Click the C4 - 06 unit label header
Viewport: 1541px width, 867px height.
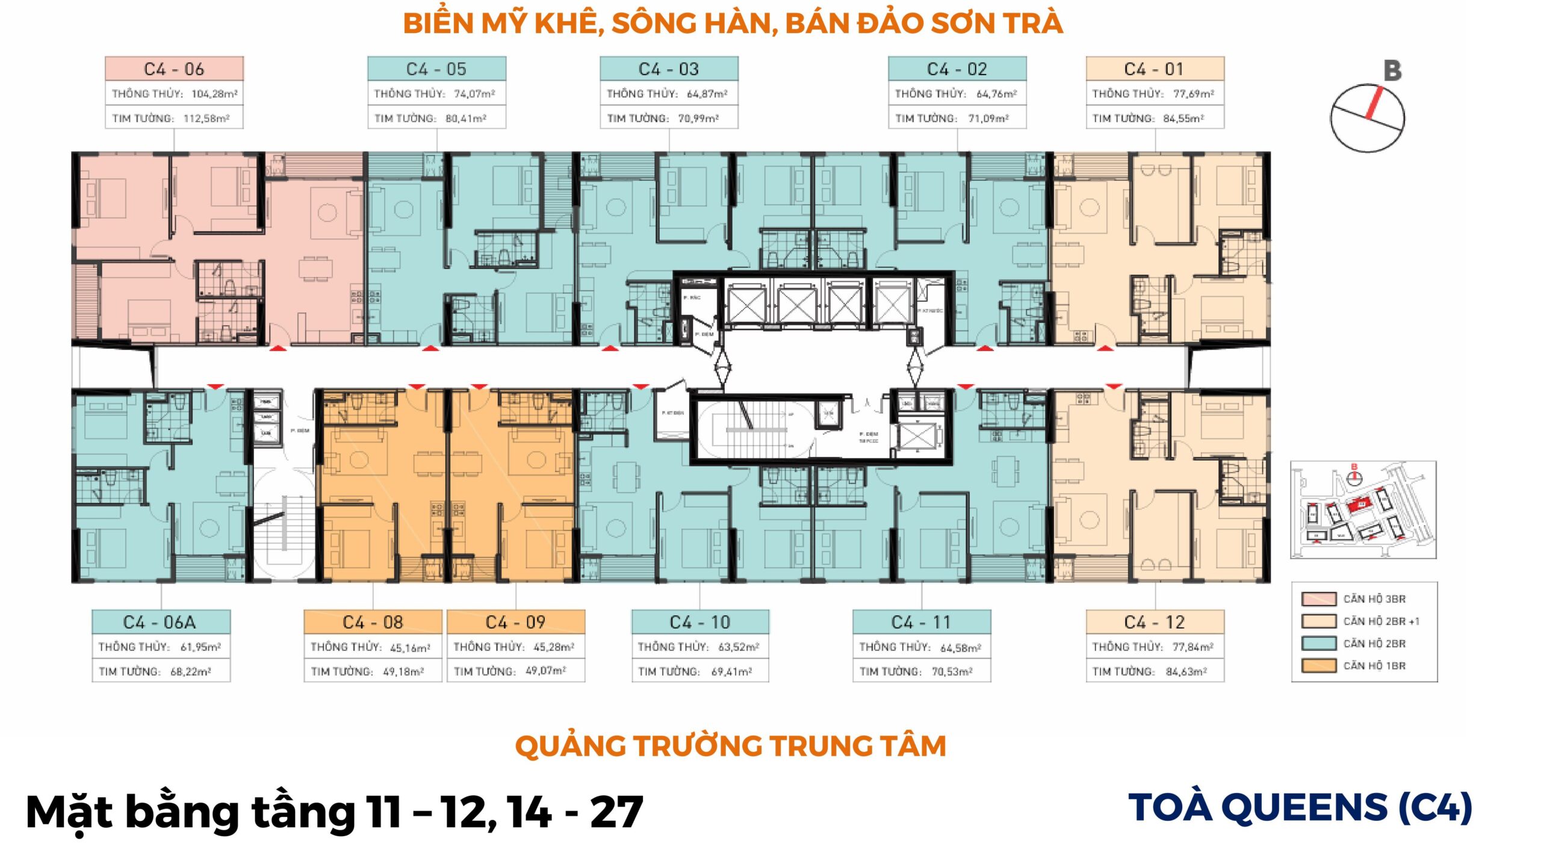pyautogui.click(x=174, y=69)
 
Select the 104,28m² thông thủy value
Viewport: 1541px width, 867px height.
pyautogui.click(x=214, y=94)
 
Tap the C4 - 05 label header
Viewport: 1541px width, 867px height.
pyautogui.click(x=436, y=69)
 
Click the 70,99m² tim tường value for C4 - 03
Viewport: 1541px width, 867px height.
pyautogui.click(x=698, y=119)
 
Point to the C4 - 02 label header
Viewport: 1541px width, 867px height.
pyautogui.click(x=957, y=69)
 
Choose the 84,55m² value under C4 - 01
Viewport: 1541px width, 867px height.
pyautogui.click(x=1183, y=119)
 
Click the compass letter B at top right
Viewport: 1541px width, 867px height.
pyautogui.click(x=1392, y=71)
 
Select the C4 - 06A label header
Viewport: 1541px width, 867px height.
pyautogui.click(x=161, y=622)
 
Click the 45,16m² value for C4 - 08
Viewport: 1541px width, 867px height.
pyautogui.click(x=410, y=648)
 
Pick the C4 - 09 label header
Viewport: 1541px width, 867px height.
pyautogui.click(x=515, y=622)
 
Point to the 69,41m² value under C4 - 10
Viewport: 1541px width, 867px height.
pyautogui.click(x=731, y=671)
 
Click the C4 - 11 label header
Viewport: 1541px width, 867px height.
pyautogui.click(x=921, y=622)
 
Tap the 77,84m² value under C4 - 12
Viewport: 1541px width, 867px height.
pyautogui.click(x=1192, y=647)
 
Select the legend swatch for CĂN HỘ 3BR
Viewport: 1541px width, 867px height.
pyautogui.click(x=1319, y=599)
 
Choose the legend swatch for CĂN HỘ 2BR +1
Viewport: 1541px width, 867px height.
pyautogui.click(x=1319, y=621)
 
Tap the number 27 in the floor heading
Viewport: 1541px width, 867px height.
pyautogui.click(x=616, y=812)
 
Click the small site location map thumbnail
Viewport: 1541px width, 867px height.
pyautogui.click(x=1363, y=510)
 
